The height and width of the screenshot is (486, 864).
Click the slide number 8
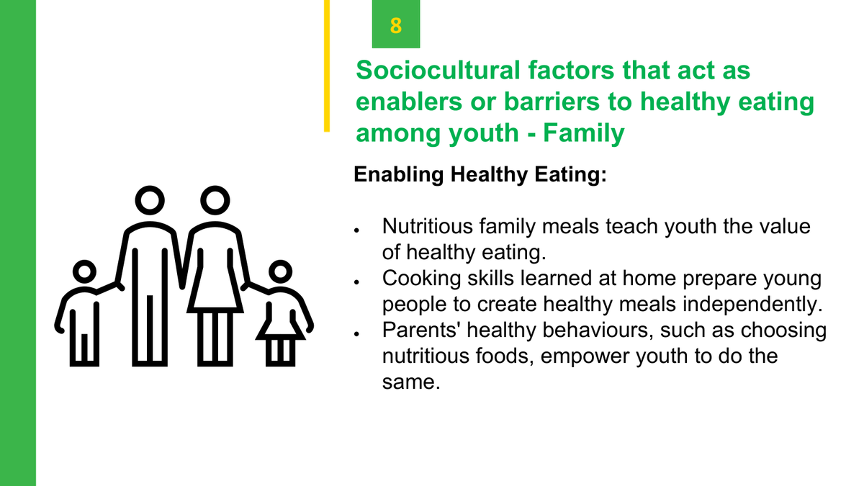pyautogui.click(x=396, y=25)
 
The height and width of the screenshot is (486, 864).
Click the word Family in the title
pyautogui.click(x=584, y=133)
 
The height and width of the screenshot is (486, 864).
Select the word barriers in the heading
pyautogui.click(x=552, y=102)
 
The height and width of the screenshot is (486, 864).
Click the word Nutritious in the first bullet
pyautogui.click(x=428, y=226)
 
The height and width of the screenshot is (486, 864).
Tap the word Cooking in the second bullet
pyautogui.click(x=422, y=279)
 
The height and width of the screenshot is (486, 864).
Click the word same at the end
pyautogui.click(x=411, y=382)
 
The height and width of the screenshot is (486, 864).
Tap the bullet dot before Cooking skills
pyautogui.click(x=356, y=282)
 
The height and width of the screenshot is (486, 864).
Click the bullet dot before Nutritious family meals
pyautogui.click(x=356, y=230)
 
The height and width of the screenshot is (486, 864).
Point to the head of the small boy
pyautogui.click(x=84, y=271)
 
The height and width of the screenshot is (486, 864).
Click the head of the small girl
pyautogui.click(x=280, y=271)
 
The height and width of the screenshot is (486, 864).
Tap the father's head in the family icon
pyautogui.click(x=150, y=201)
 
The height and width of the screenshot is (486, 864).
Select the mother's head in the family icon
pyautogui.click(x=215, y=201)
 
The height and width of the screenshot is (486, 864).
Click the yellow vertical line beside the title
pyautogui.click(x=327, y=66)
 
